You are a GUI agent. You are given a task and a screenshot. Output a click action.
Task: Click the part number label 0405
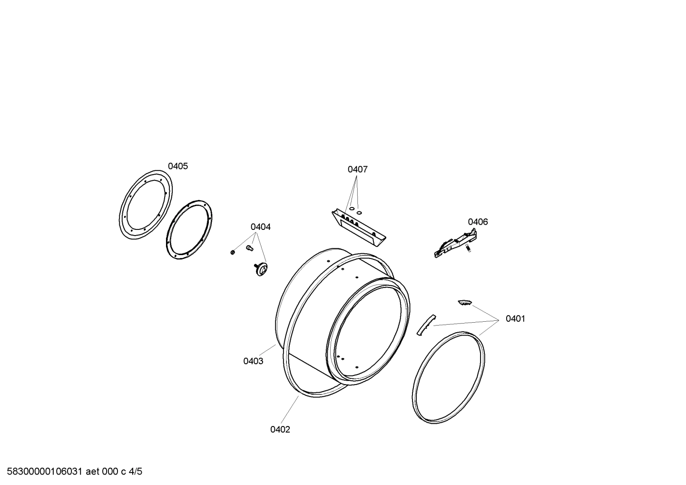177,166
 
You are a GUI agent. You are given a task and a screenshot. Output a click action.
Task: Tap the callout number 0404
261,227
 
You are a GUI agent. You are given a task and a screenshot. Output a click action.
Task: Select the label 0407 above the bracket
357,169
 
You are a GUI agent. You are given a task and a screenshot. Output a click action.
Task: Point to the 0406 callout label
478,222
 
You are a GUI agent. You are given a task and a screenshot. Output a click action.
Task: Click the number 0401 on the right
515,319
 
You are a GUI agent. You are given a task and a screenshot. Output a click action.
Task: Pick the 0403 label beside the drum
253,361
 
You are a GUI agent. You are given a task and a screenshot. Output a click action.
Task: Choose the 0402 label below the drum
280,430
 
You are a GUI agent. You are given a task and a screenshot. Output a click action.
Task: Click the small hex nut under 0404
232,252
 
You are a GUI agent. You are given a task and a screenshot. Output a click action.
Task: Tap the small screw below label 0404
248,247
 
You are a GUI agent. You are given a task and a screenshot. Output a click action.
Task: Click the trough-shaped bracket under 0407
358,228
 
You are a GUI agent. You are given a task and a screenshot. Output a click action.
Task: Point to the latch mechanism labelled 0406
454,243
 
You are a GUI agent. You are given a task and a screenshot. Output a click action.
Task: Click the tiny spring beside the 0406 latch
468,248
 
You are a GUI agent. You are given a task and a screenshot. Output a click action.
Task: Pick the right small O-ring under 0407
359,212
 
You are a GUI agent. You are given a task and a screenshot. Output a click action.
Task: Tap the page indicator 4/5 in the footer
135,472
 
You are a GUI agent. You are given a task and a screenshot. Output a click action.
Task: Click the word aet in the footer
94,472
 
